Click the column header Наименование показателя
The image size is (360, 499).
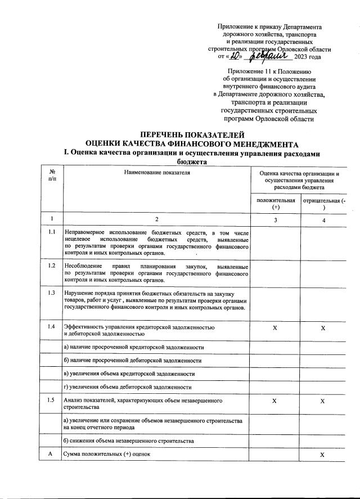(157, 173)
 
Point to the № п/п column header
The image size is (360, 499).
(52, 176)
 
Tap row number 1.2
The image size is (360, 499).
(52, 266)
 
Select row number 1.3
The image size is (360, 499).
(52, 293)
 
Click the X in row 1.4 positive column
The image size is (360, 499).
(274, 327)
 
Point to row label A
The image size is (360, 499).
(52, 453)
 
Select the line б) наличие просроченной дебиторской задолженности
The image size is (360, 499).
(132, 360)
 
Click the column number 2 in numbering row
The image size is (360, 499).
(157, 219)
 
